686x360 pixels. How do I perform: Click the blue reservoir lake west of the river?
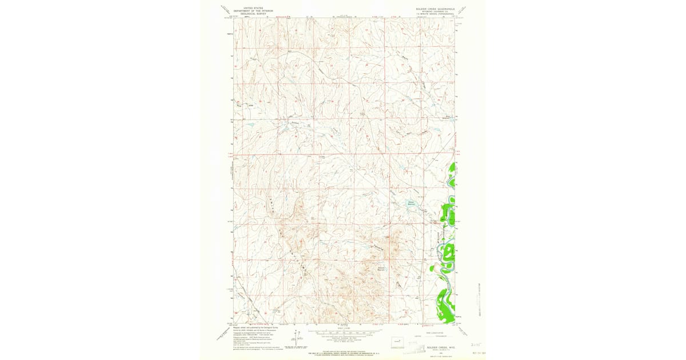[x=412, y=203]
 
